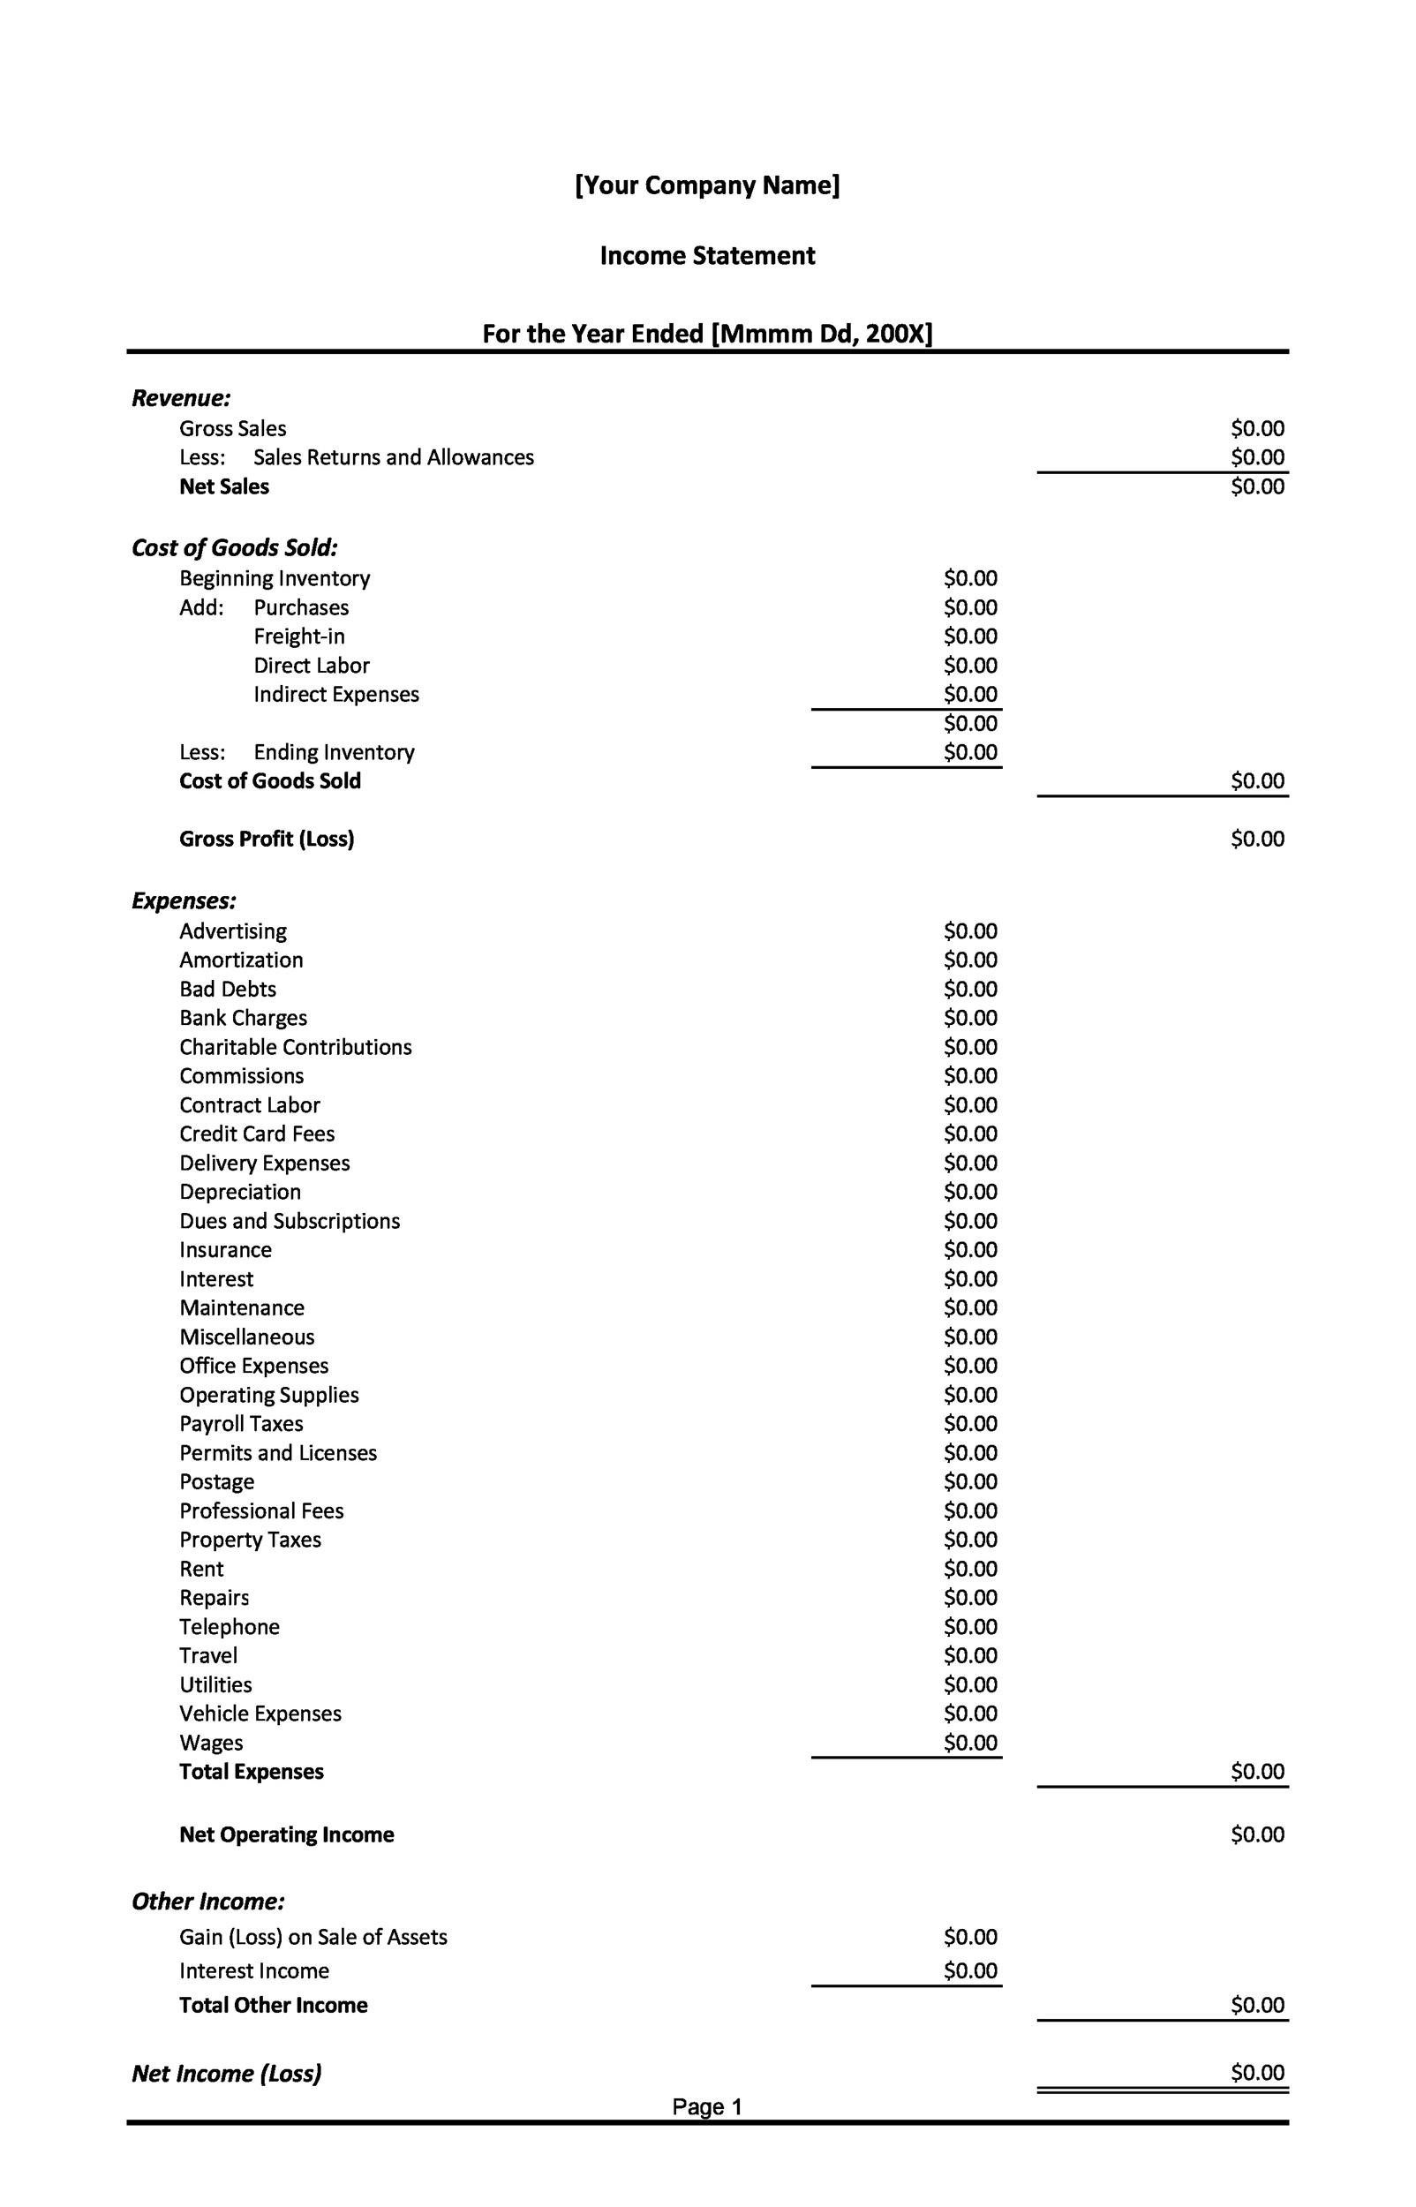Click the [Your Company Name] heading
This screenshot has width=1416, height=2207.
(707, 185)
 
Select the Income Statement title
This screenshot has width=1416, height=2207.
(707, 255)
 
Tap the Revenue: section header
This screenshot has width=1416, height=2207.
(181, 398)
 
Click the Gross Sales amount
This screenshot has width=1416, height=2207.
(1257, 428)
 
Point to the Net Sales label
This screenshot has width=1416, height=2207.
(224, 486)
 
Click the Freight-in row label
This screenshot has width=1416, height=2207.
(299, 636)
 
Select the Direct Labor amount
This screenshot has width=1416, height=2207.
(970, 666)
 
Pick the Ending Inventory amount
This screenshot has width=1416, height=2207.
(970, 752)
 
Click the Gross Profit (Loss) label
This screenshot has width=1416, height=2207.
(267, 839)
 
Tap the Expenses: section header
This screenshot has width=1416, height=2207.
(184, 900)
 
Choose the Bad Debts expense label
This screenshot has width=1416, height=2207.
(228, 989)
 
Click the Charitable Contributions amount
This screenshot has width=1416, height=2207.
(970, 1047)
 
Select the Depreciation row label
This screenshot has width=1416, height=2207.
(240, 1192)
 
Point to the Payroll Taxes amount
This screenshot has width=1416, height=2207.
(970, 1424)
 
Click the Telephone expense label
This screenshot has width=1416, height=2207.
(229, 1627)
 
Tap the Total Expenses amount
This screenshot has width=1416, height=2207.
(1257, 1771)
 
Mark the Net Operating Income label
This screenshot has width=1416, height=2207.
(286, 1834)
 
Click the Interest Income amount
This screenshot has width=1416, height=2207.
(970, 1970)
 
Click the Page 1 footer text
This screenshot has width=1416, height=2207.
(706, 2107)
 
